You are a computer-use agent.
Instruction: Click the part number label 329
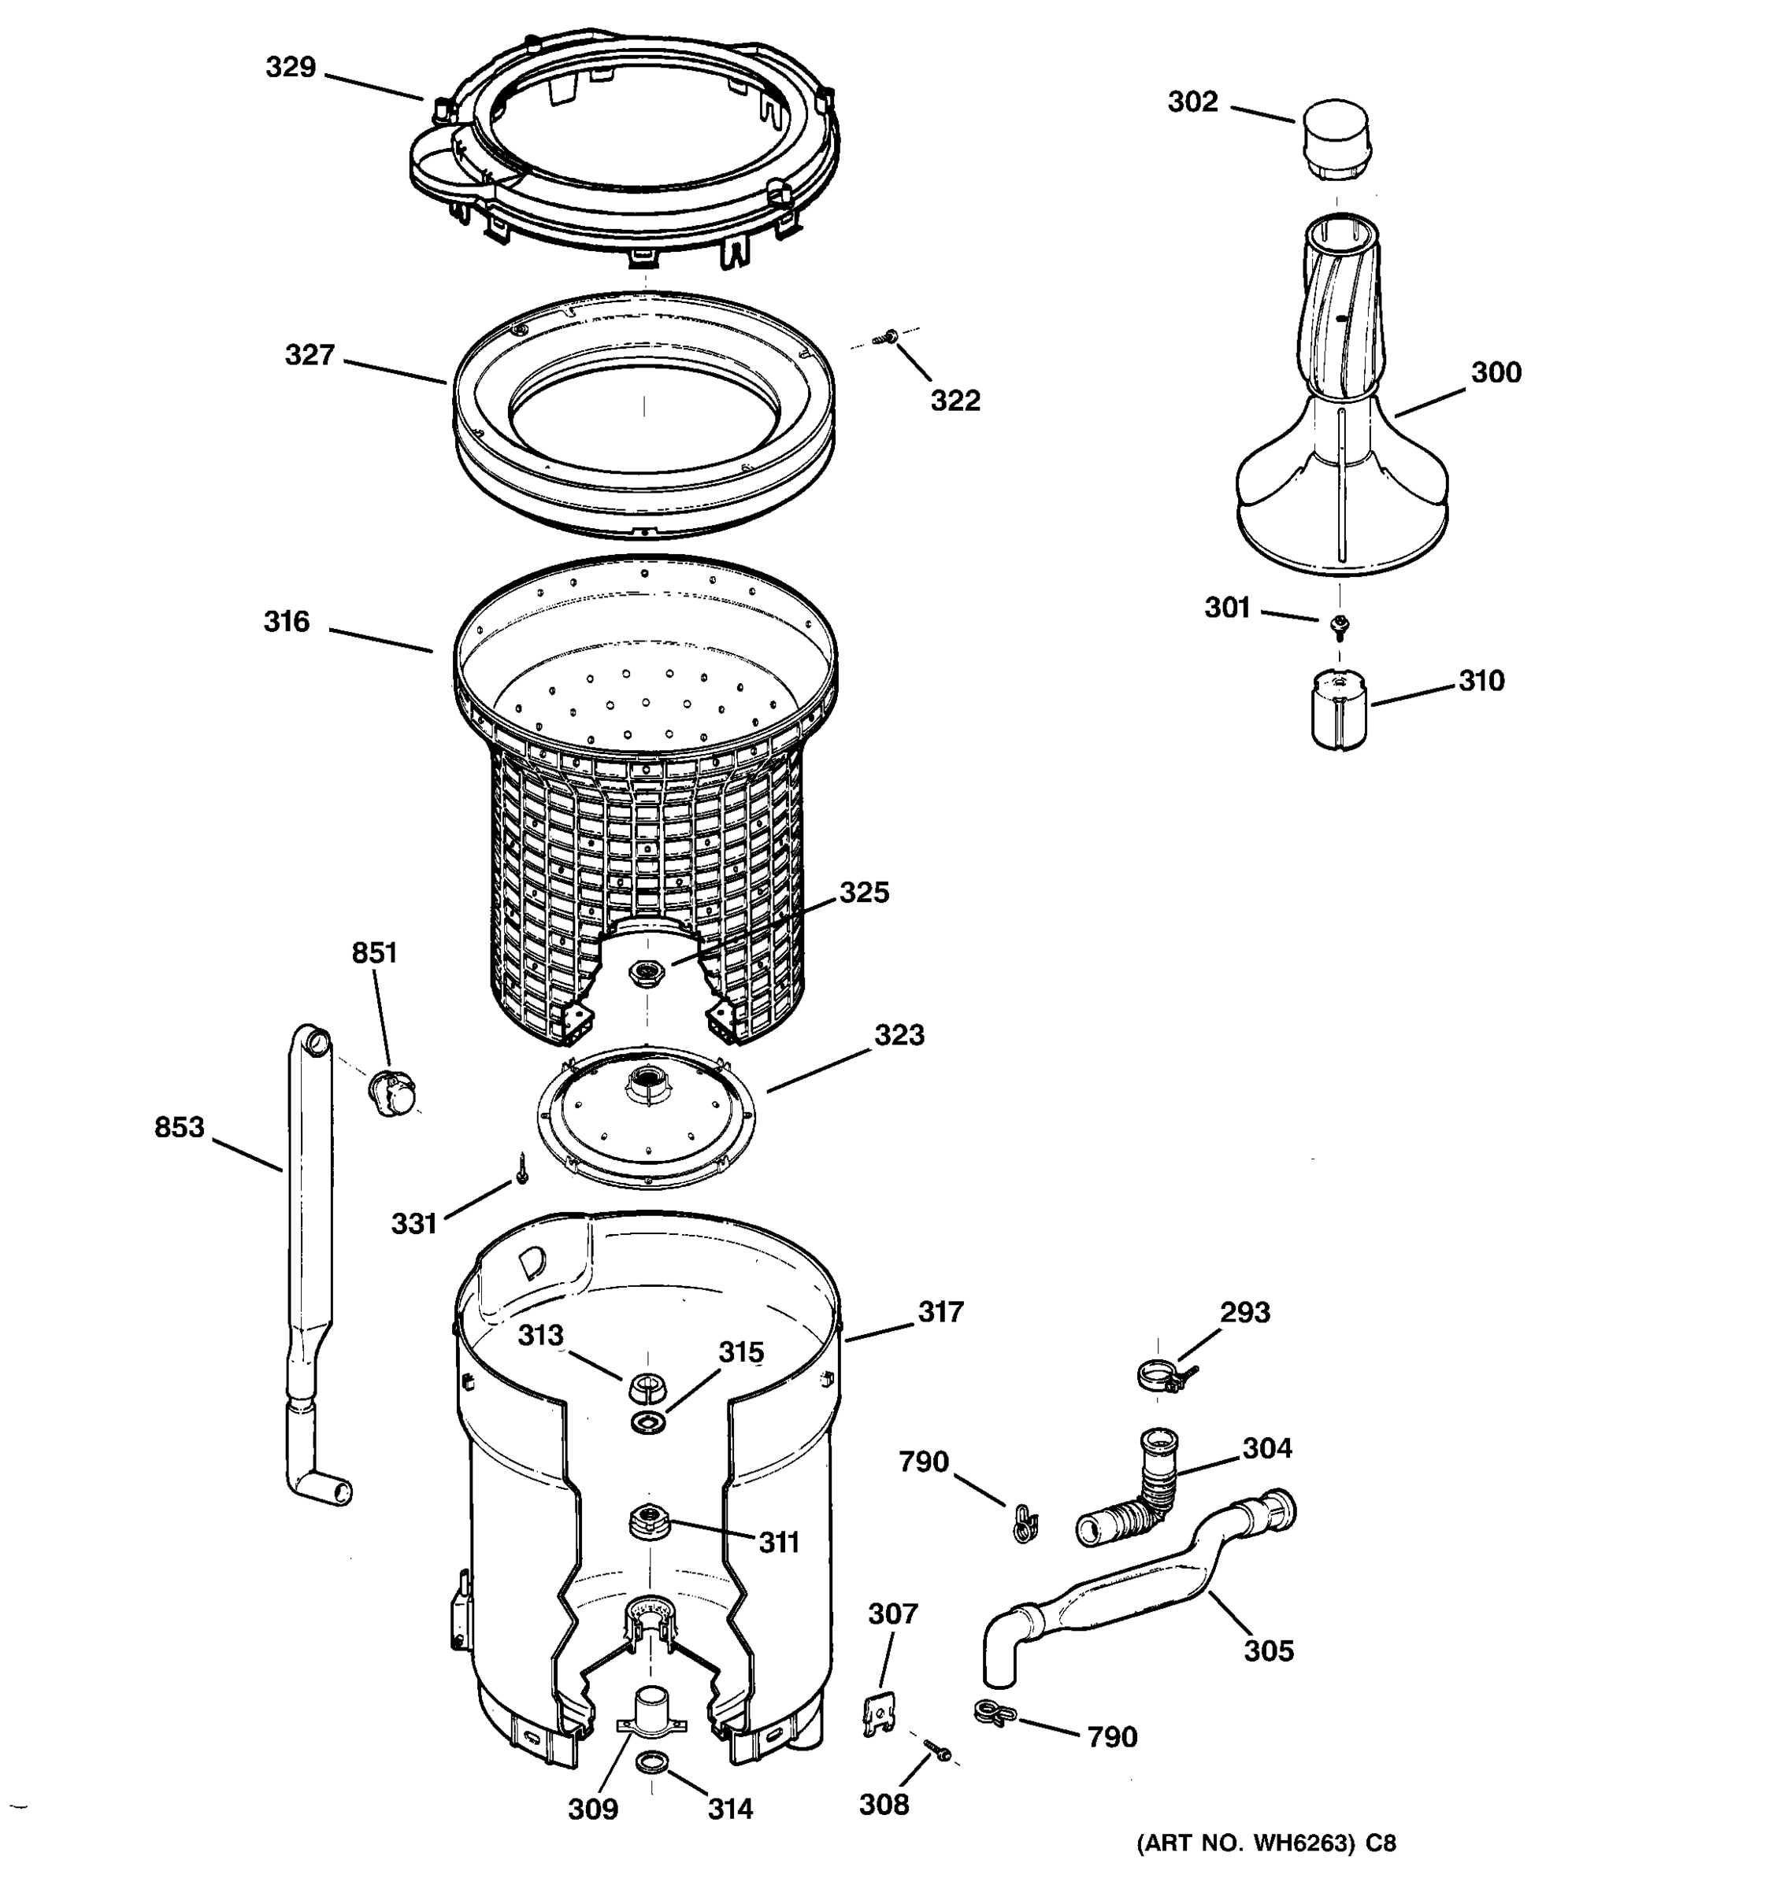point(290,68)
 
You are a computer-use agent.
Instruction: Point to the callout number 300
point(1496,372)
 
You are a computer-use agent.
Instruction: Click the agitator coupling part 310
point(1339,710)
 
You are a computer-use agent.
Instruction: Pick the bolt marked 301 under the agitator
point(1340,624)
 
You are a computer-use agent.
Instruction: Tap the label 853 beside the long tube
point(179,1127)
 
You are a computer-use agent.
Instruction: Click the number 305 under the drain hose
point(1268,1651)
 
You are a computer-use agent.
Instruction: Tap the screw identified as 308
point(936,1750)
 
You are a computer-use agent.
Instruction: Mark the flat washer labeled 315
point(648,1422)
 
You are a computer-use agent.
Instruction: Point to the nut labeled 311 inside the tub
point(647,1518)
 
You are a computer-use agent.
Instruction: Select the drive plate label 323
point(899,1035)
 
